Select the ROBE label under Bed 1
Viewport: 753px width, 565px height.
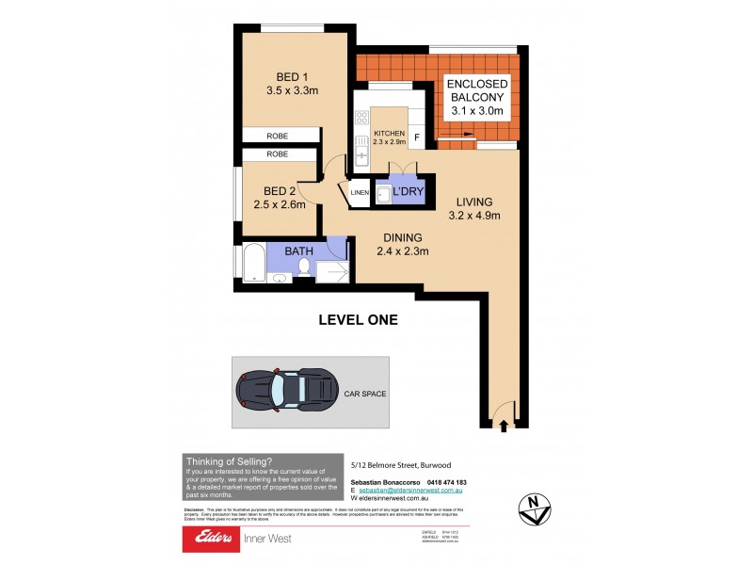click(277, 136)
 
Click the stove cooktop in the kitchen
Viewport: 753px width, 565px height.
click(361, 119)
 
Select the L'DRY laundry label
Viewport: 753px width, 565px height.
click(407, 191)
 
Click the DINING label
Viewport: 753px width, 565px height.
click(402, 237)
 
